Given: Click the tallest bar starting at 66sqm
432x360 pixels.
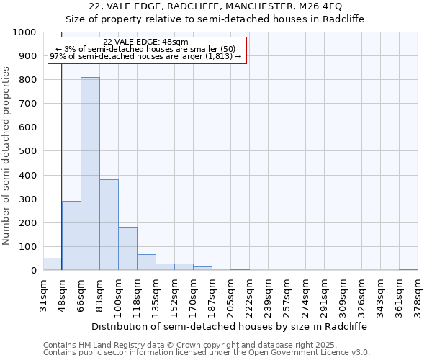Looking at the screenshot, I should point(90,174).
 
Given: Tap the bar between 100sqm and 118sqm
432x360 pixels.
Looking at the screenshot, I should point(127,248).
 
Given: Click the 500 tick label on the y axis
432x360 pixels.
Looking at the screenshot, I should point(27,151).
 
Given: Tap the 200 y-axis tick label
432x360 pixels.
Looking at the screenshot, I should point(27,223).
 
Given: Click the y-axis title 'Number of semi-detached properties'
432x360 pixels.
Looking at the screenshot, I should point(6,156).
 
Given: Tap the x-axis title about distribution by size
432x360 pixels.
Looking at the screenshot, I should point(230,326).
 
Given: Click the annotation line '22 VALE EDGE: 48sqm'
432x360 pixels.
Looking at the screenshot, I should point(146,42).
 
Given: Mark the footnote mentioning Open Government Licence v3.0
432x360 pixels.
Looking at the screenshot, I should point(207,352).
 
